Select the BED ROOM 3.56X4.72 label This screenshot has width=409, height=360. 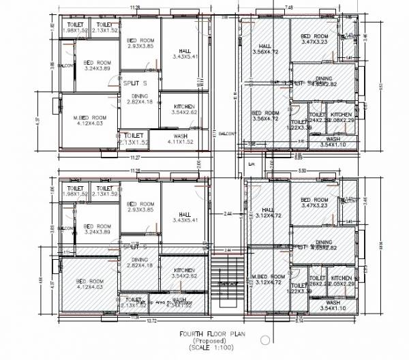pos(265,116)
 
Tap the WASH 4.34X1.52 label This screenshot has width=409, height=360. pos(179,302)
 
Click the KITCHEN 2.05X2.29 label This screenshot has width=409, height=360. pos(341,281)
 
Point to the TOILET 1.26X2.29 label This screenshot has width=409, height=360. pos(318,281)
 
